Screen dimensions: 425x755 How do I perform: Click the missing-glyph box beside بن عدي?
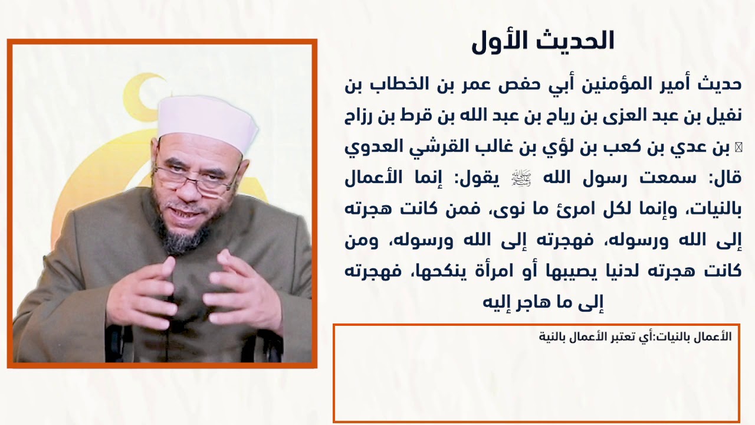[737, 147]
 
